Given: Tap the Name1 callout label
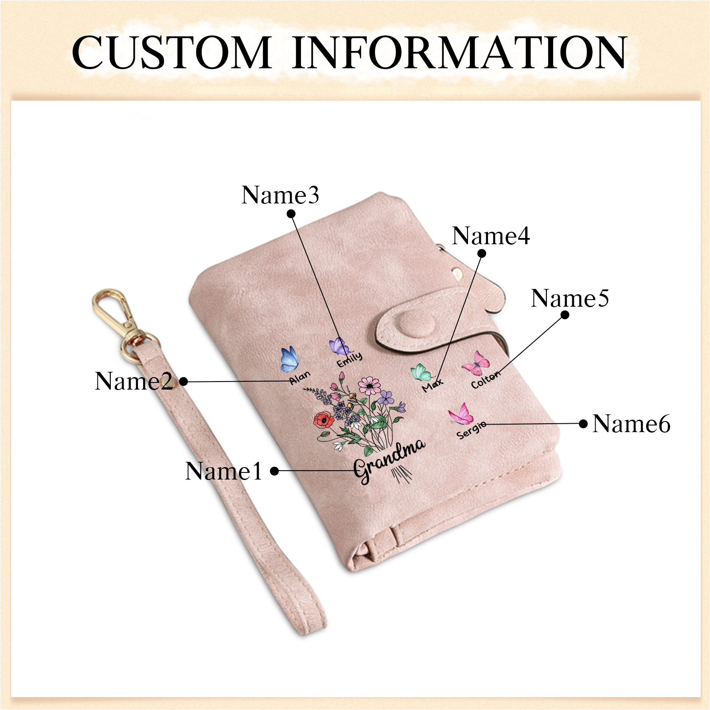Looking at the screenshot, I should [x=223, y=471].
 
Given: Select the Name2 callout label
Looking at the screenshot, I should [x=133, y=381].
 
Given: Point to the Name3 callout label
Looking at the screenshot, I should [x=280, y=195].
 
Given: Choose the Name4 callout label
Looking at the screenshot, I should [x=491, y=235].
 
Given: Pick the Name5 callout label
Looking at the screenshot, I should [x=570, y=298].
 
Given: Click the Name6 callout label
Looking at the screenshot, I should [x=631, y=424].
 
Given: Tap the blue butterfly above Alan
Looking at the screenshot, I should [x=289, y=359].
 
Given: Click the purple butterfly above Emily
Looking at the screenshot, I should [x=339, y=346].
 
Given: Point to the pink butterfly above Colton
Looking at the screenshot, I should [x=476, y=363].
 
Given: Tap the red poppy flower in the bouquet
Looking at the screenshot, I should [x=324, y=420].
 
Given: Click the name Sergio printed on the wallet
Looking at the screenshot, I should [x=471, y=430].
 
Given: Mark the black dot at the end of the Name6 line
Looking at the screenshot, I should [x=584, y=424].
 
